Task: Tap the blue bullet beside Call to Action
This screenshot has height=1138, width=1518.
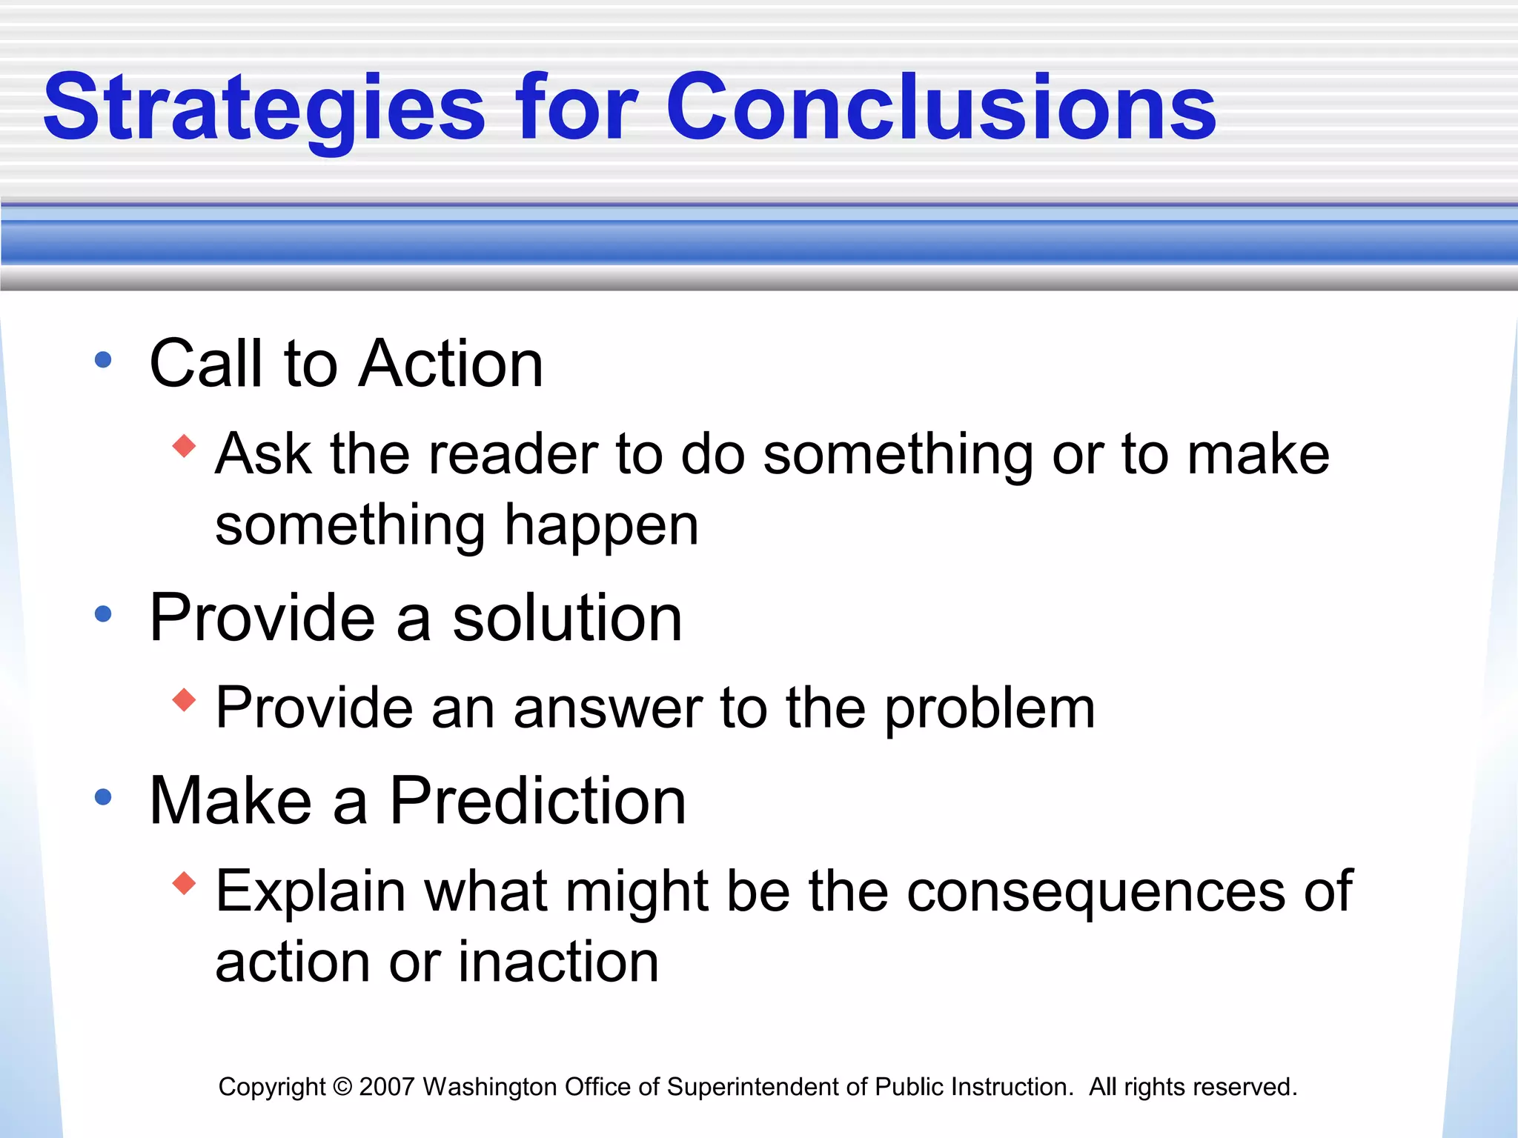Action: [103, 361]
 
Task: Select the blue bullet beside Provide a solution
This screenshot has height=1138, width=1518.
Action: [103, 614]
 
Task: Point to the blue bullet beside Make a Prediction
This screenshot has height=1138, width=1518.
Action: [103, 797]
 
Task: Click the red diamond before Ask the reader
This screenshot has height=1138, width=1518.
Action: [184, 446]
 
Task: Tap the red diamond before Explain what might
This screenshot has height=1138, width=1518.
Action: [184, 883]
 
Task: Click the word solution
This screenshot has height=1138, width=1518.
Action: [567, 618]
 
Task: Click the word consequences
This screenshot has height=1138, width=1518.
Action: [1096, 892]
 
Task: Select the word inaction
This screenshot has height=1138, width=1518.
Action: [558, 962]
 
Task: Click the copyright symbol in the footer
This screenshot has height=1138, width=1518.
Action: [342, 1087]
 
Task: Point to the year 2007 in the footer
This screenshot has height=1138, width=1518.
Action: [386, 1087]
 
